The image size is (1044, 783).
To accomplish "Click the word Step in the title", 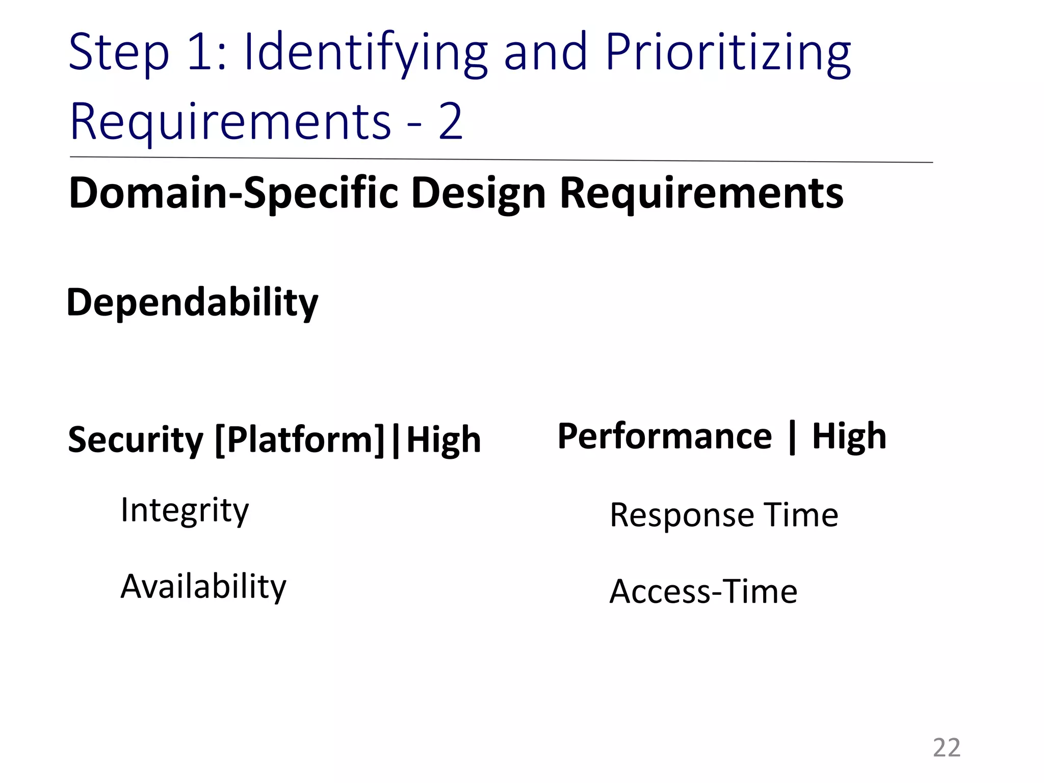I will click(x=118, y=53).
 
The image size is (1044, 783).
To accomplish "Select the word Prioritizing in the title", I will click(x=728, y=53).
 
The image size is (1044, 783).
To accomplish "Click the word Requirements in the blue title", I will click(x=230, y=122).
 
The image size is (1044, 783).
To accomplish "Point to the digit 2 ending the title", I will click(x=451, y=122).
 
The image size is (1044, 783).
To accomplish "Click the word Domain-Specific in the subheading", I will click(x=233, y=194).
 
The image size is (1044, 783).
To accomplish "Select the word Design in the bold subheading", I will click(x=478, y=194).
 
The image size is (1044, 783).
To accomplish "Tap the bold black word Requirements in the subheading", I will click(x=701, y=194).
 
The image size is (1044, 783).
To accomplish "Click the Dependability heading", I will click(x=192, y=303).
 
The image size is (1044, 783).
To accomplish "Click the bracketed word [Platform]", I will click(x=300, y=439).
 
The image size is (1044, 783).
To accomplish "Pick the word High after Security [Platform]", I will click(x=443, y=439).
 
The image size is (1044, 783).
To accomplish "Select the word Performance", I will click(x=665, y=436).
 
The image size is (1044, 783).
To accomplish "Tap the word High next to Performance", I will click(x=849, y=436).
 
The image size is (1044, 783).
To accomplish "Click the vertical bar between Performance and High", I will click(x=792, y=437).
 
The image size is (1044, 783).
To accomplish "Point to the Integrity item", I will click(x=185, y=511).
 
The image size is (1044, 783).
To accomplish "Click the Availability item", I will click(x=203, y=586).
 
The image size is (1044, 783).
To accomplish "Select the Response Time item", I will click(x=724, y=515).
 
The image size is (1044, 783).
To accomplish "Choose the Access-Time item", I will click(x=703, y=591).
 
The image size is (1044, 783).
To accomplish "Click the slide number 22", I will click(x=947, y=748).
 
